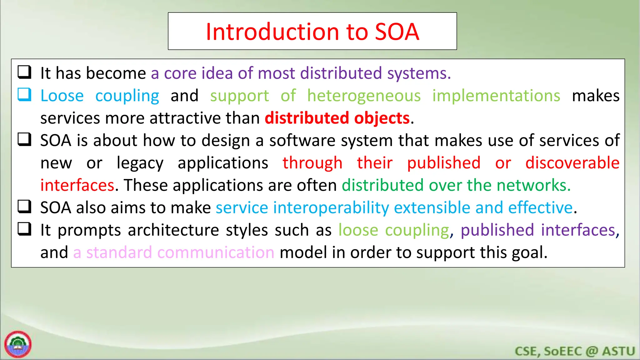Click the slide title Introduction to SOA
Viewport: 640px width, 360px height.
pyautogui.click(x=312, y=32)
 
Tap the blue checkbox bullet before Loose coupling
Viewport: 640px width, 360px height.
pyautogui.click(x=24, y=94)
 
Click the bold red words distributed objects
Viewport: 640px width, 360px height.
pyautogui.click(x=337, y=118)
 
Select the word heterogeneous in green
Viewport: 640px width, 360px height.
pyautogui.click(x=364, y=96)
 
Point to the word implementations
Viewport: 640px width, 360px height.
pyautogui.click(x=496, y=96)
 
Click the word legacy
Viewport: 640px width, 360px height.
pyautogui.click(x=140, y=163)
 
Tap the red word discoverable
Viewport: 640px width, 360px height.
pyautogui.click(x=572, y=163)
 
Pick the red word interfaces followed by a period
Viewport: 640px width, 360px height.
pyautogui.click(x=77, y=185)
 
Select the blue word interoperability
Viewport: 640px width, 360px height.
pyautogui.click(x=331, y=208)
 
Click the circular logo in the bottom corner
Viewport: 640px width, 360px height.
pyautogui.click(x=18, y=344)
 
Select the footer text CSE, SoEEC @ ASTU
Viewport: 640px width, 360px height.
pyautogui.click(x=575, y=351)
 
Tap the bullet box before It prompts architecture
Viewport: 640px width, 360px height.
pyautogui.click(x=24, y=229)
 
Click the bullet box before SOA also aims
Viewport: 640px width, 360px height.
pyautogui.click(x=24, y=207)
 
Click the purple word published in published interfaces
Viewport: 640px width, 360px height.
pyautogui.click(x=497, y=230)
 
